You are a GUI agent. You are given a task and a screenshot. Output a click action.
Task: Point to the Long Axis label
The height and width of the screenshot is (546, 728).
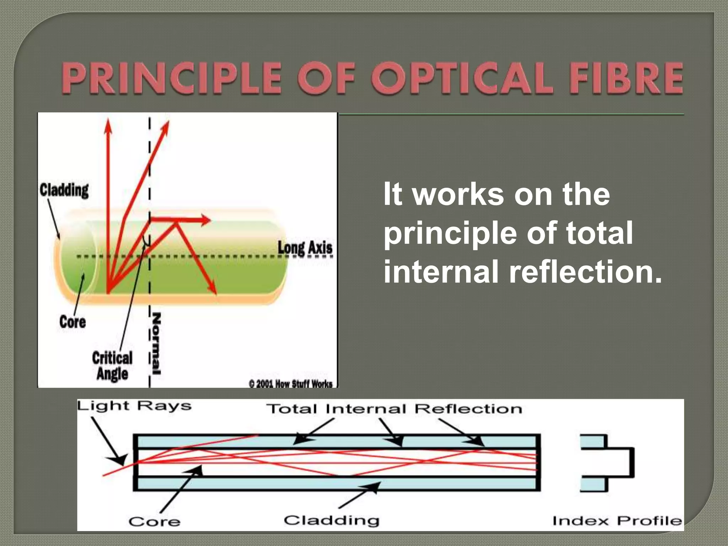coord(305,248)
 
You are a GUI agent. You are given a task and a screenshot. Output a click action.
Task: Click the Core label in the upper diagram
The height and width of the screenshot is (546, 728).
coord(73,322)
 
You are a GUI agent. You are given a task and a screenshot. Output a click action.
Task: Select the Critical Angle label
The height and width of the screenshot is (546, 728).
coord(112,366)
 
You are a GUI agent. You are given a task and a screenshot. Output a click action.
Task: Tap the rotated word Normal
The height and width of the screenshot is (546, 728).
coord(156,343)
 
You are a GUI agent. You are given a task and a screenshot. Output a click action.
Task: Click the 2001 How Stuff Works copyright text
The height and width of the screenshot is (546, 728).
coord(291,384)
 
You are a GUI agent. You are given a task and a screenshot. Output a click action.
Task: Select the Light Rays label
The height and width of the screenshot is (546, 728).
coord(134,406)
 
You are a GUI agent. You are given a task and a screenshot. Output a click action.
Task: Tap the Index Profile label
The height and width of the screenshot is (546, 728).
coord(617,521)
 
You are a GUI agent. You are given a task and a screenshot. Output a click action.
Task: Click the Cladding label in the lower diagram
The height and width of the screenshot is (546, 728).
coord(331,520)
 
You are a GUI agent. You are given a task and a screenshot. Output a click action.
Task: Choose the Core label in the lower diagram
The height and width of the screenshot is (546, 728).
coord(154,522)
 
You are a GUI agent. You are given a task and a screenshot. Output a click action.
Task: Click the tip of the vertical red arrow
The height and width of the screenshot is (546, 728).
coord(108,123)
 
